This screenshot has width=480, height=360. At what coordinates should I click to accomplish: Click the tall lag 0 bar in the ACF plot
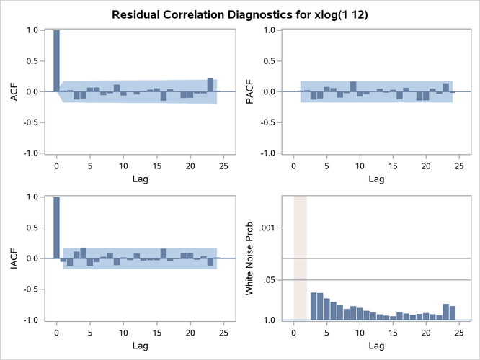point(57,61)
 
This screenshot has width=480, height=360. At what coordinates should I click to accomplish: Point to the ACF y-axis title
point(12,91)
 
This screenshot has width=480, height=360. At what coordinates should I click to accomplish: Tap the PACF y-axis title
point(249,91)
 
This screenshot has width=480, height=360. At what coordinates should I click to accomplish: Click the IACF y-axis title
point(12,258)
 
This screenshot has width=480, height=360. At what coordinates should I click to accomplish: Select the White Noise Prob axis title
point(250,258)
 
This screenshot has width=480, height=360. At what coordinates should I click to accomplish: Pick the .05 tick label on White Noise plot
point(275,279)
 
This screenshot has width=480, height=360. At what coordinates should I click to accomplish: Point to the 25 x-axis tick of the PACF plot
point(460,166)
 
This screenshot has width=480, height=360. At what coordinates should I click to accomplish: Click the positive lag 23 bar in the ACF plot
point(210,85)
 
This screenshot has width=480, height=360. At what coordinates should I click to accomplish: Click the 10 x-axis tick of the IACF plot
point(123,333)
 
